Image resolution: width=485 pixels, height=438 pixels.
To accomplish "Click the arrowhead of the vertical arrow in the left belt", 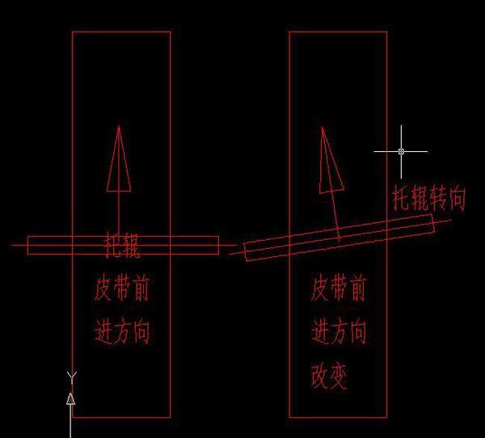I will [x=119, y=158].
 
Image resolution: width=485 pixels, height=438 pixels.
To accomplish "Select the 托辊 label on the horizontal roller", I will [x=122, y=246].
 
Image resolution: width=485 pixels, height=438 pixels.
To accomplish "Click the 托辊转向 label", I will [x=429, y=198].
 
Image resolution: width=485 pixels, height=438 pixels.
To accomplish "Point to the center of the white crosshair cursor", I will [x=401, y=151].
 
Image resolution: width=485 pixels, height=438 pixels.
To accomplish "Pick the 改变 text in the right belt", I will [x=329, y=377].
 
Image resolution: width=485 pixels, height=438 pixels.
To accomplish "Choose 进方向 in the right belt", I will [x=339, y=332].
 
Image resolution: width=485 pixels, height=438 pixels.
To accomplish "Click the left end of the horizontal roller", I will [x=30, y=245].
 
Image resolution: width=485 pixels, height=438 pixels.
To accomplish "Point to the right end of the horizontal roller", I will [x=217, y=245].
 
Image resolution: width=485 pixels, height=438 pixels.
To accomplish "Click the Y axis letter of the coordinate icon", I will [x=71, y=376].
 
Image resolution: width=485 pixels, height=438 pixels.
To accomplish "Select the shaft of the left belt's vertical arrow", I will [x=119, y=214].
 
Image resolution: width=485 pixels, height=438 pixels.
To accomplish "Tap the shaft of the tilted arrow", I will [x=333, y=214].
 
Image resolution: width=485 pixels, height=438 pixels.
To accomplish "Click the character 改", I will [x=319, y=377].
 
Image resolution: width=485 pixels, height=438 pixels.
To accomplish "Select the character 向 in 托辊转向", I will [x=457, y=197].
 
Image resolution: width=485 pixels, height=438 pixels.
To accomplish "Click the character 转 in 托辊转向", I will [x=439, y=198].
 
